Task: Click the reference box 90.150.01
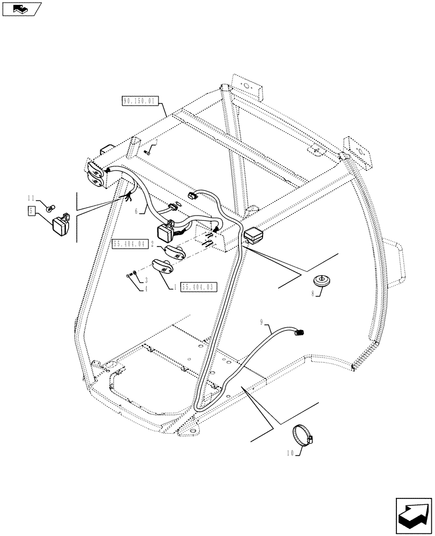(x=140, y=100)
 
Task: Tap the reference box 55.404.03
(x=199, y=287)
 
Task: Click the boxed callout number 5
(x=32, y=211)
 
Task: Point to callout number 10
(x=290, y=454)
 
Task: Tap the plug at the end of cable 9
(x=299, y=333)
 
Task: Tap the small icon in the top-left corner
(x=20, y=8)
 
